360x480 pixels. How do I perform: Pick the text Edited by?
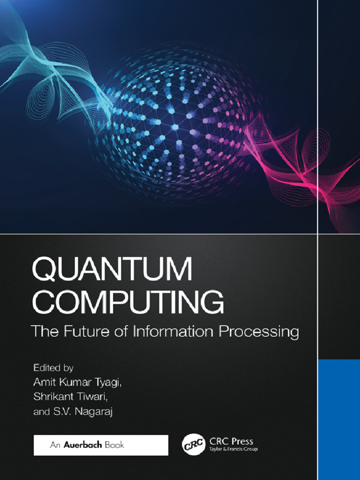(x=53, y=367)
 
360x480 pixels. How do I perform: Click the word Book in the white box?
(x=114, y=445)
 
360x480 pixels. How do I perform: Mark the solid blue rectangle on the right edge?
(x=338, y=420)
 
